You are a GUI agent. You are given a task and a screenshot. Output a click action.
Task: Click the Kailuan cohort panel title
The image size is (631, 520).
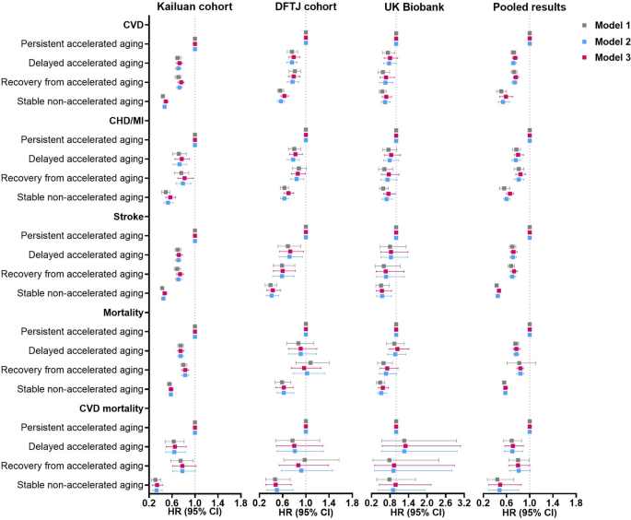pos(193,8)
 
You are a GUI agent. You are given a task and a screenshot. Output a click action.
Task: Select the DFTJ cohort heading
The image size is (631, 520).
pos(305,8)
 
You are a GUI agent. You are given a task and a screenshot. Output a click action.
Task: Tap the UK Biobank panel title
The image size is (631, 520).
pos(416,8)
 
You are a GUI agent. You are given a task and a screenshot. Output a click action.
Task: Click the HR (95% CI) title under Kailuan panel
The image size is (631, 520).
pos(193,513)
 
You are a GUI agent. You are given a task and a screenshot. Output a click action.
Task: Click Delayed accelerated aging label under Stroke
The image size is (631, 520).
pos(90,254)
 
